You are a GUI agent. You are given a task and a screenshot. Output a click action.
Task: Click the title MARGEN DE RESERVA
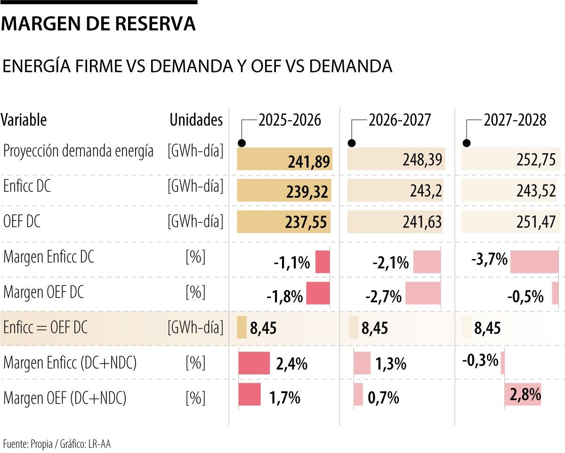(98, 24)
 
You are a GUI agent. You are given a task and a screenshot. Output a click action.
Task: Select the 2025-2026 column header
(290, 120)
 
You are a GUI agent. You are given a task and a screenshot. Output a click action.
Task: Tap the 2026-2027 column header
(400, 120)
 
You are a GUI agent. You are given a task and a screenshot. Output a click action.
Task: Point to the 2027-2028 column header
(515, 120)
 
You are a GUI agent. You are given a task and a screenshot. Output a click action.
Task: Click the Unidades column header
(196, 120)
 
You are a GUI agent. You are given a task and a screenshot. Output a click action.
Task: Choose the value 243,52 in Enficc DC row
(535, 192)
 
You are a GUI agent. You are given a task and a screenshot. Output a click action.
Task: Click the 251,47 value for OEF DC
(535, 222)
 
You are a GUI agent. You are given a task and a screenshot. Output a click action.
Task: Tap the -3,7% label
(490, 259)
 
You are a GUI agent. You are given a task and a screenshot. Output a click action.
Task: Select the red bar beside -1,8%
(318, 293)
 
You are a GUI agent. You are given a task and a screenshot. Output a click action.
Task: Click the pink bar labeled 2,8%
(523, 394)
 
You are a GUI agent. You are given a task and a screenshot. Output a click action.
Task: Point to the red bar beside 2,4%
(254, 363)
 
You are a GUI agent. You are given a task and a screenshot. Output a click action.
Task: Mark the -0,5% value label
(525, 297)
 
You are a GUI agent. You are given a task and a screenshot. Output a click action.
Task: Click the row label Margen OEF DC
(44, 292)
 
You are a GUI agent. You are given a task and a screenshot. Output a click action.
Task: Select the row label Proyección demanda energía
(78, 151)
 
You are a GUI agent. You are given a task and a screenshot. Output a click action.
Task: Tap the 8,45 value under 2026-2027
(375, 328)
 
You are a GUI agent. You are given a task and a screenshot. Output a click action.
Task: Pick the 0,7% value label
(383, 399)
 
